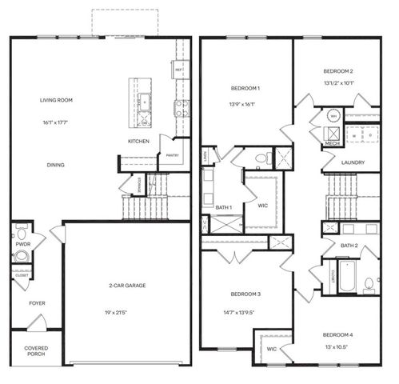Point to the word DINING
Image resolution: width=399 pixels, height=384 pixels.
(55, 166)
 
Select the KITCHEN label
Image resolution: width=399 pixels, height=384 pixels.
(138, 142)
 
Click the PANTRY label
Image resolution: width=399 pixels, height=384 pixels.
(171, 156)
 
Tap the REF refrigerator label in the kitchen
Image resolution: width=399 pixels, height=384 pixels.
(179, 70)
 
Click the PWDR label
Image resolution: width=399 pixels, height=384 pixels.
(22, 242)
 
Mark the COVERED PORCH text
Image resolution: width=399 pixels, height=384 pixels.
(36, 351)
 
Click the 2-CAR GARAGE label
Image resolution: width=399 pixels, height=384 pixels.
(128, 286)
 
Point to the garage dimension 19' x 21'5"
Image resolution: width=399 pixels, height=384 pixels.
(128, 312)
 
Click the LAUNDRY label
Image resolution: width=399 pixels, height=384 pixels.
(353, 163)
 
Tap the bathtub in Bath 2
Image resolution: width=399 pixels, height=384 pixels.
(347, 278)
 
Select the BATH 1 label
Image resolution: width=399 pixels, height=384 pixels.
(224, 208)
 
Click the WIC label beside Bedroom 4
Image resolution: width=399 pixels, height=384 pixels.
(272, 349)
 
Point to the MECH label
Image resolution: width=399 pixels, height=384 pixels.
(331, 144)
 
